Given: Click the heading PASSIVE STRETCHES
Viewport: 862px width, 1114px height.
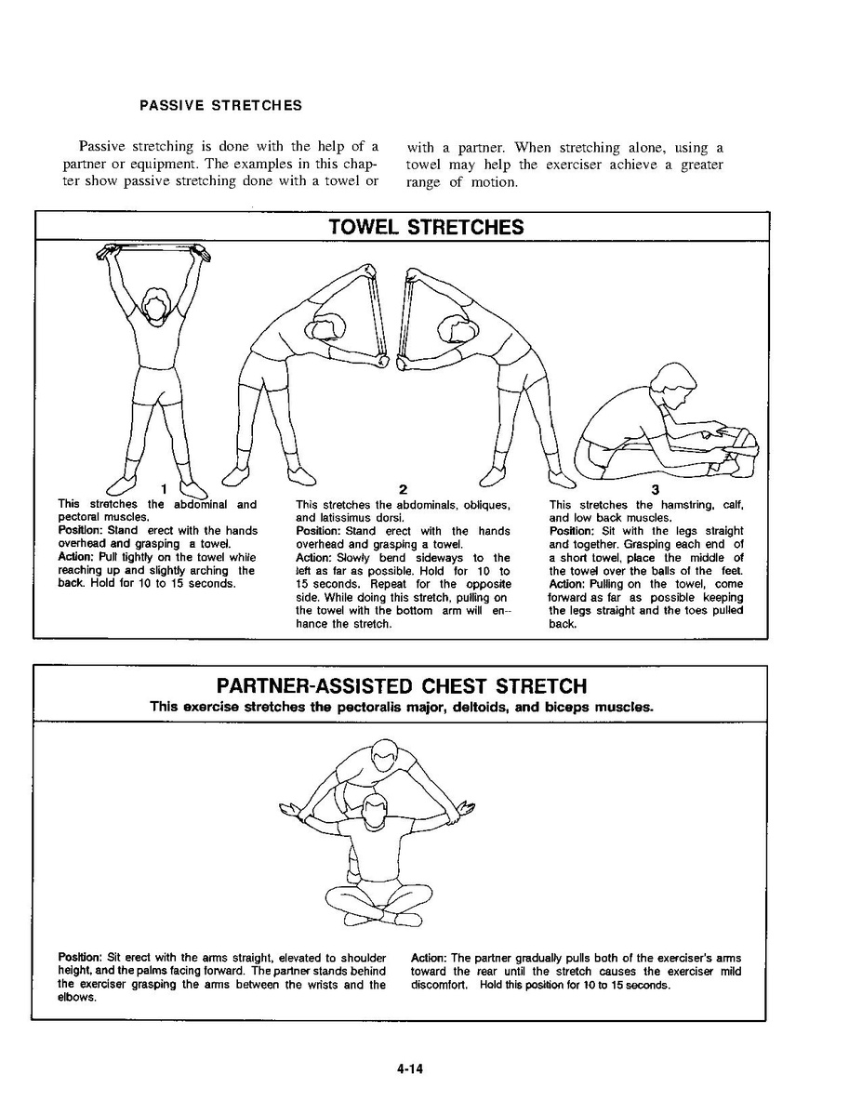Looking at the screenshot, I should (x=220, y=105).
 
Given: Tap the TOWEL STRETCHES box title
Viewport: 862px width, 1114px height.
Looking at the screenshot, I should (x=426, y=227).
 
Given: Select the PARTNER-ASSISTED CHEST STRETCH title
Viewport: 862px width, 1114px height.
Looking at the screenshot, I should (x=402, y=686).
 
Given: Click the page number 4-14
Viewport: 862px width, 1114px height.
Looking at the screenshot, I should (x=409, y=1069).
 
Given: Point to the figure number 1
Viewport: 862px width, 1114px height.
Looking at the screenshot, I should (x=163, y=488).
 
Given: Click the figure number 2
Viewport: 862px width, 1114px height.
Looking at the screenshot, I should (x=403, y=490).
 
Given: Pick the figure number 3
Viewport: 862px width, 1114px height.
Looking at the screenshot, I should (x=655, y=490).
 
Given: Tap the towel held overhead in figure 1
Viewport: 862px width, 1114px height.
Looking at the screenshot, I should (x=150, y=248).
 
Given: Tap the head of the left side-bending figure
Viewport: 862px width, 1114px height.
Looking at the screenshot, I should (x=328, y=328).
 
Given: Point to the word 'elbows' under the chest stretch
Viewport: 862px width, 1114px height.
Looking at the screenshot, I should (x=76, y=998).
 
